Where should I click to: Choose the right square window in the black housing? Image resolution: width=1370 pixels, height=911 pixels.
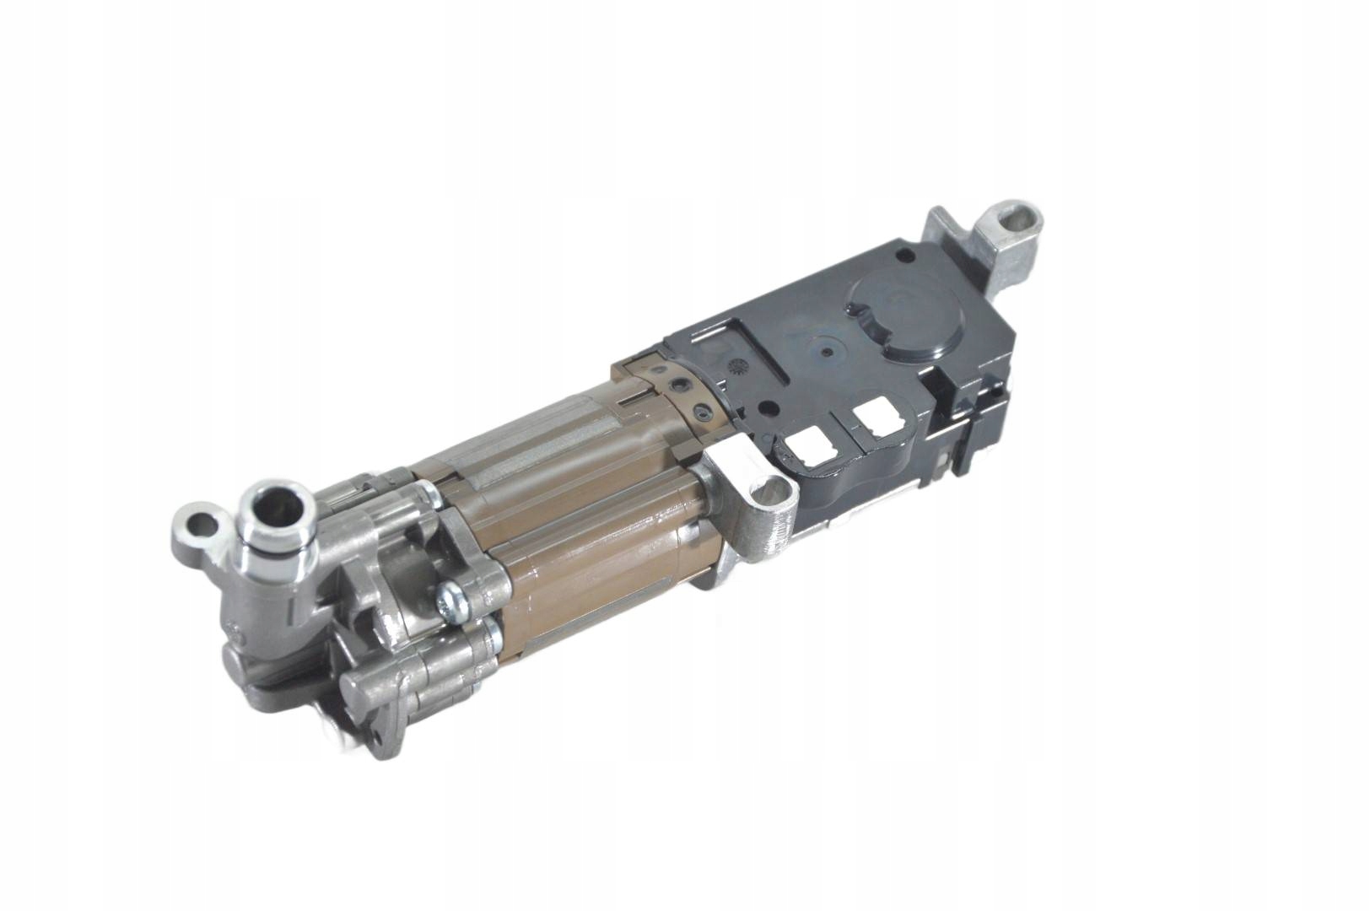click(x=873, y=417)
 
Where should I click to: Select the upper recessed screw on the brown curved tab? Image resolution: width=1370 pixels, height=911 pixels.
click(x=675, y=385)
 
